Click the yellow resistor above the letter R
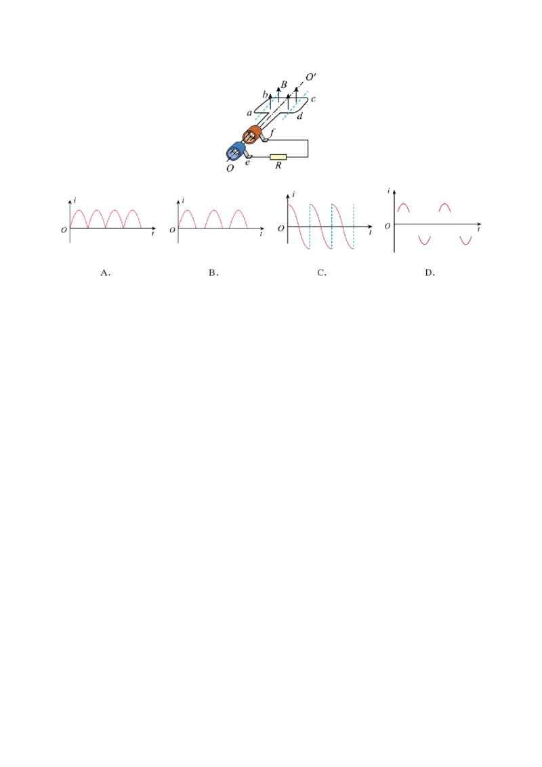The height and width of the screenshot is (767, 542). pyautogui.click(x=278, y=157)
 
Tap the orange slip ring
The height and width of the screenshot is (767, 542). pyautogui.click(x=253, y=135)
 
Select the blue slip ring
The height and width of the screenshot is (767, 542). pyautogui.click(x=236, y=151)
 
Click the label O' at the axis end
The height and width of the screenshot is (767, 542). pyautogui.click(x=310, y=77)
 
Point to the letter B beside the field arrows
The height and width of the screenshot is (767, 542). pyautogui.click(x=284, y=85)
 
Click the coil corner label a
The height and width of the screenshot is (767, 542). pyautogui.click(x=249, y=113)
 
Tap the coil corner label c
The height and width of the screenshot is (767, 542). pyautogui.click(x=313, y=100)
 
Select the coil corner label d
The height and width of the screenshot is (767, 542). pyautogui.click(x=300, y=116)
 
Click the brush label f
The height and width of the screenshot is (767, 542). pyautogui.click(x=272, y=132)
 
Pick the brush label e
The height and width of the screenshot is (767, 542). pyautogui.click(x=247, y=163)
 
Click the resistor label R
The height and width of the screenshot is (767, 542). pyautogui.click(x=278, y=165)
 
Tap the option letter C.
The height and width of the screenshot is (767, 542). pyautogui.click(x=321, y=272)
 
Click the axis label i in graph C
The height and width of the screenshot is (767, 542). pyautogui.click(x=293, y=194)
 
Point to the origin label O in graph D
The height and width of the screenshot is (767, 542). pyautogui.click(x=388, y=226)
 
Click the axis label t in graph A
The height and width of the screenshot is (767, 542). pyautogui.click(x=152, y=234)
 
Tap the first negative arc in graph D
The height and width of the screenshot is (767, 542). pyautogui.click(x=425, y=240)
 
